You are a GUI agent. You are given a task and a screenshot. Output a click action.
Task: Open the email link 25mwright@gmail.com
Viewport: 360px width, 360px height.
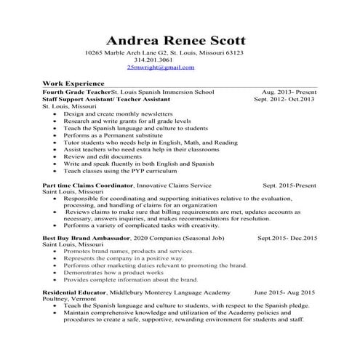pos(161,67)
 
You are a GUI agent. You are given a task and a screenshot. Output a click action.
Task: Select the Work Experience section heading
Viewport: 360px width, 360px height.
pos(73,84)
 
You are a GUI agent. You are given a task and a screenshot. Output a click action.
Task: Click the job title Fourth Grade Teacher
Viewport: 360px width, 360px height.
pos(76,93)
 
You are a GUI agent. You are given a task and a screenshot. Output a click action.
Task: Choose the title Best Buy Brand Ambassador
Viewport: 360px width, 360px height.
pos(86,238)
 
